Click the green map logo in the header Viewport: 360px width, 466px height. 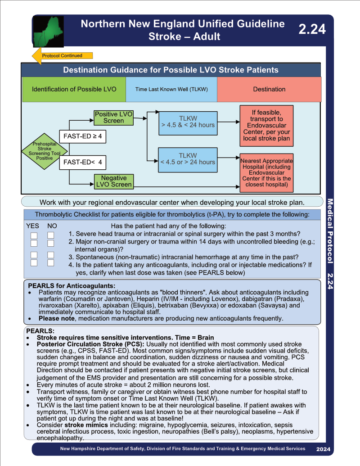pos(48,32)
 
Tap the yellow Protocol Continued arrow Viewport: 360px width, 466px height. pos(63,55)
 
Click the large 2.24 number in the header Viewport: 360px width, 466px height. pos(312,29)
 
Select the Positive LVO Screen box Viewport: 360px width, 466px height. pos(113,118)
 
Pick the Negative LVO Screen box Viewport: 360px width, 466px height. pos(114,181)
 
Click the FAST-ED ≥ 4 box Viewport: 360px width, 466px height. pos(82,136)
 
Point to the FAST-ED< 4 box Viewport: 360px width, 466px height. pos(82,162)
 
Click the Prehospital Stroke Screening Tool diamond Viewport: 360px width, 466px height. pos(45,151)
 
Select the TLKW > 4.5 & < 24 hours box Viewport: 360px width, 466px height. pos(188,123)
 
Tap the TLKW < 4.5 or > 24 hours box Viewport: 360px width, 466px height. pos(188,160)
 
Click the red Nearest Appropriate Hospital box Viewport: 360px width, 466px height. pos(266,173)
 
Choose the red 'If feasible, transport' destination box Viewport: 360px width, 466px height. pos(266,126)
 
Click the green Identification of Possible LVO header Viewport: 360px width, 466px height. pos(74,90)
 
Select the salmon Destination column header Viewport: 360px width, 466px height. pos(269,90)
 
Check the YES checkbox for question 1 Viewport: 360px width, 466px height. pos(34,235)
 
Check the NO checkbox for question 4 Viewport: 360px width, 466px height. pos(51,263)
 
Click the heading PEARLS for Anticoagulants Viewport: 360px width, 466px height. pos(72,286)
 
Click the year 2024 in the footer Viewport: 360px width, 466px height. pos(323,449)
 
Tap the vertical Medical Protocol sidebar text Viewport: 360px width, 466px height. pos(330,231)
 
